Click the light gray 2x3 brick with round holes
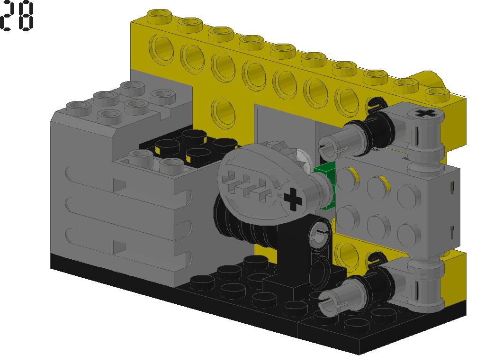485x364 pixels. (393, 204)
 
